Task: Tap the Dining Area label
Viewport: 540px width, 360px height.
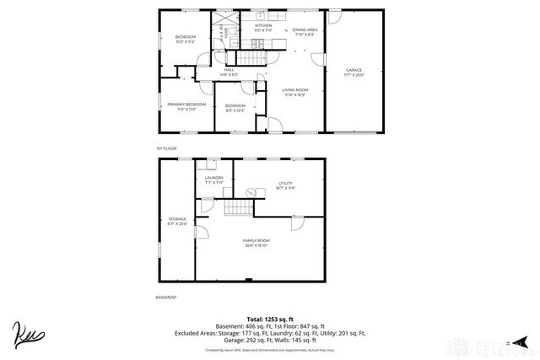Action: (x=305, y=32)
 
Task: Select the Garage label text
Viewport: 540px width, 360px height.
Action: (x=354, y=72)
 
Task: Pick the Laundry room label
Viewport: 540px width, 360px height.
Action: (x=214, y=179)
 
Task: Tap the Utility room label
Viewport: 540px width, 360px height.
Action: (x=285, y=185)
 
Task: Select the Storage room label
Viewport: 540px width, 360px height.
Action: (x=176, y=222)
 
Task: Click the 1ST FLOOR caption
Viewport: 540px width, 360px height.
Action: (x=166, y=148)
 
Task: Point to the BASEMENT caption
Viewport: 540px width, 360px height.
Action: (x=166, y=298)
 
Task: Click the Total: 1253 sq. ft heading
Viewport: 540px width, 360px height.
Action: (x=269, y=319)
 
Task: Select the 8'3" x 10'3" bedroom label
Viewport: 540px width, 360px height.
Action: (x=234, y=107)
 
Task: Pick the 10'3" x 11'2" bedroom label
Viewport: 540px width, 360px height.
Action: (x=186, y=39)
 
